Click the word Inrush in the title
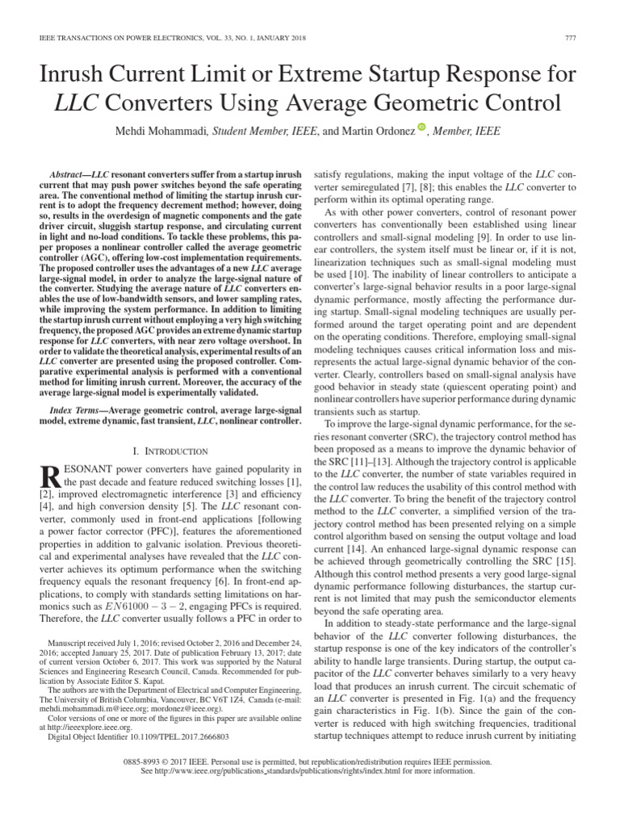pyautogui.click(x=81, y=77)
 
